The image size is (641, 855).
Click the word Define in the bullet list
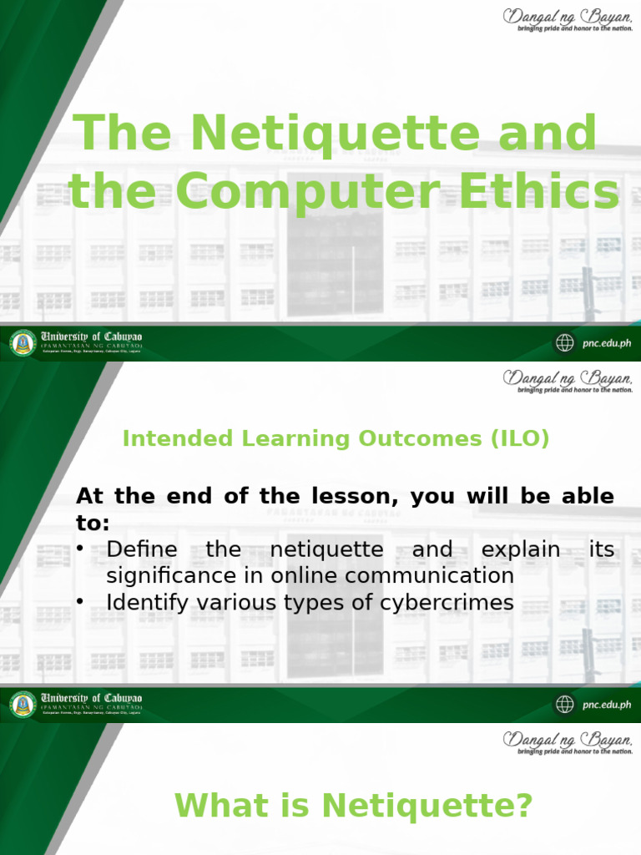[142, 549]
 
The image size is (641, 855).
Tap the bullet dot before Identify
[81, 602]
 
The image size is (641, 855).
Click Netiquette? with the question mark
[427, 806]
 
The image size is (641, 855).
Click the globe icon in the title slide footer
[565, 342]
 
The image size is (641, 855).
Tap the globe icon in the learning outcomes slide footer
[565, 705]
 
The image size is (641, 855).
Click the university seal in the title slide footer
[23, 342]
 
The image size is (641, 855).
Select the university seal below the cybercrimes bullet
[23, 704]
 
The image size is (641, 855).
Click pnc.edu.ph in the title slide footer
[606, 342]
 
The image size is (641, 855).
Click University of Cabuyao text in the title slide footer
[92, 336]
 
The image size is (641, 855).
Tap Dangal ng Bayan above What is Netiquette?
[567, 739]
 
